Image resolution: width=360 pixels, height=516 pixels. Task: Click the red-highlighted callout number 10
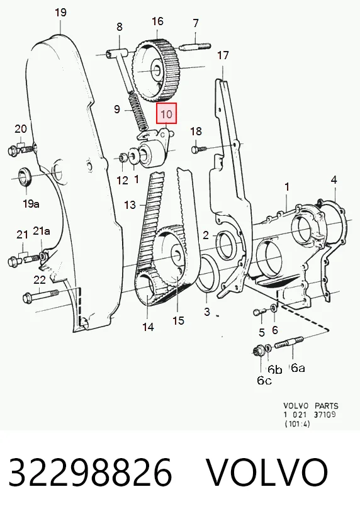click(x=166, y=114)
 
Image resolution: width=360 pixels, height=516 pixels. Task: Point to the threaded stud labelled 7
click(x=195, y=47)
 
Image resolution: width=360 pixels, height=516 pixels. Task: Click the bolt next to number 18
click(x=199, y=149)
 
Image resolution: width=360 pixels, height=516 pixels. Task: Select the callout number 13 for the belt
click(x=130, y=205)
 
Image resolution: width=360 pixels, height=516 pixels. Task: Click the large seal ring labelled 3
click(x=206, y=274)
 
